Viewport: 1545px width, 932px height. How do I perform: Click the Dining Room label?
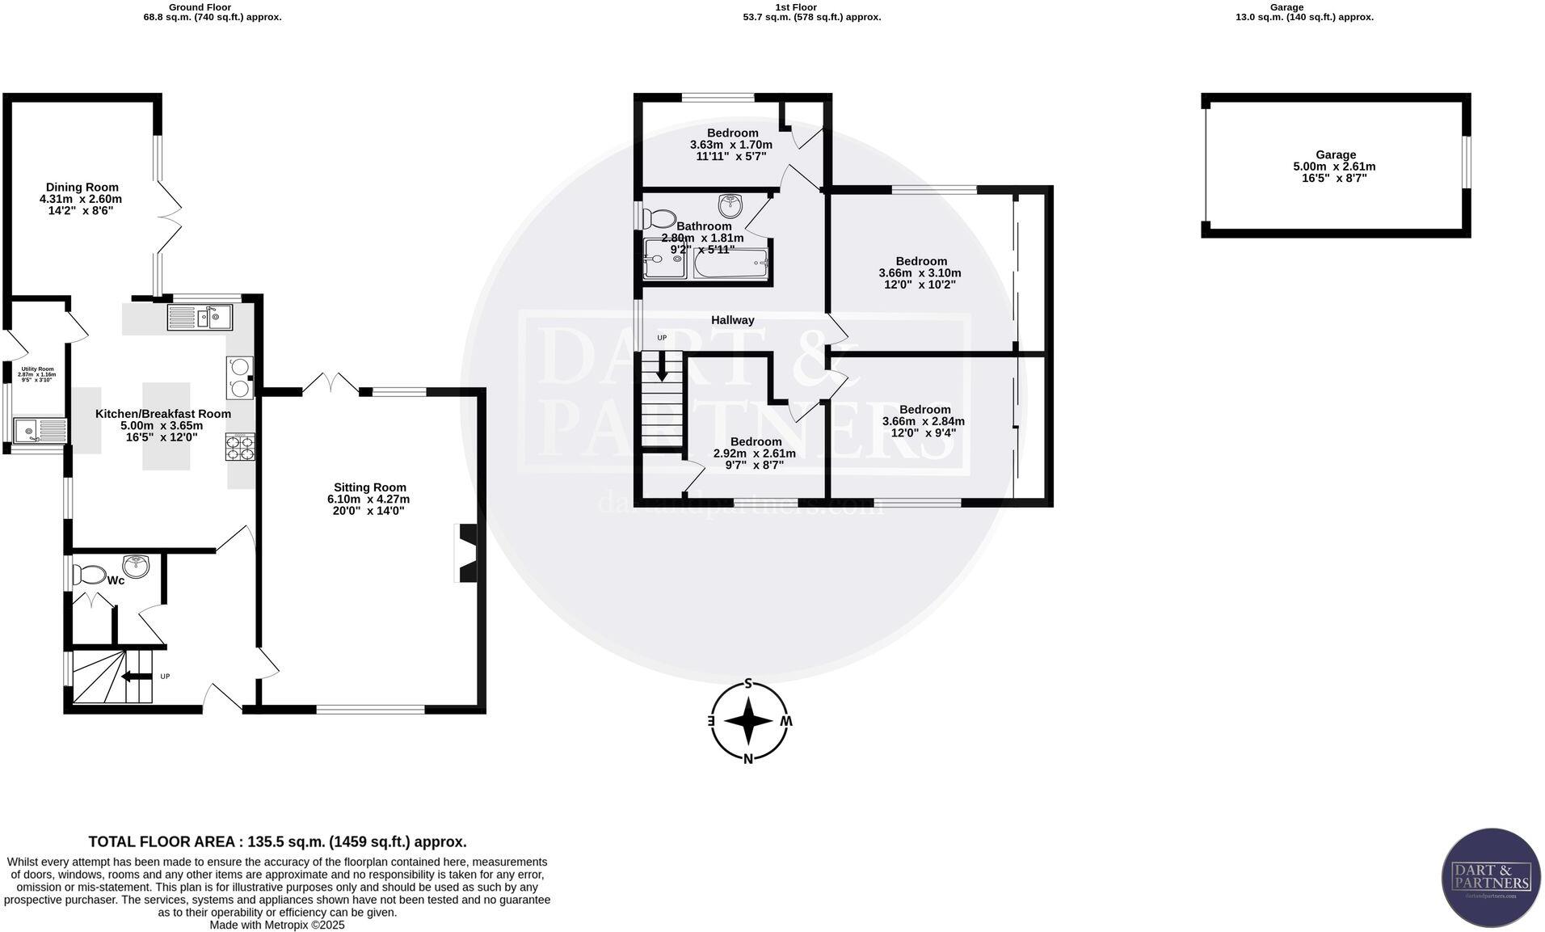82,187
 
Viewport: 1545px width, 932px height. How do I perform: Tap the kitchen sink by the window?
200,318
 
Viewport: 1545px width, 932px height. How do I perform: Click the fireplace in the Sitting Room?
468,553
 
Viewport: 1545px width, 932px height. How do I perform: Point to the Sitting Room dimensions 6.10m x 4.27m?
369,499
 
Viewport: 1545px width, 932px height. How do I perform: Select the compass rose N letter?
748,758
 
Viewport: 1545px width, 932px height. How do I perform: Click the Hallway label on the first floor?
732,320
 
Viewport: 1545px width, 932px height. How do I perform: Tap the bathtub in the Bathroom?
730,263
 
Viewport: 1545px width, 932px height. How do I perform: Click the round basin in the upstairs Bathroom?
730,205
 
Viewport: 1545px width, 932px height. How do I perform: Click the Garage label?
1335,154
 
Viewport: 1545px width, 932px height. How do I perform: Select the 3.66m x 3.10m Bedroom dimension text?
920,273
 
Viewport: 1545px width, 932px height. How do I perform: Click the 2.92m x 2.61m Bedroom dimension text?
754,453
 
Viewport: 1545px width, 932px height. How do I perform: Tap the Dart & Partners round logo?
1491,878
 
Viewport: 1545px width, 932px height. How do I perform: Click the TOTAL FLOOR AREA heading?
277,841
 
